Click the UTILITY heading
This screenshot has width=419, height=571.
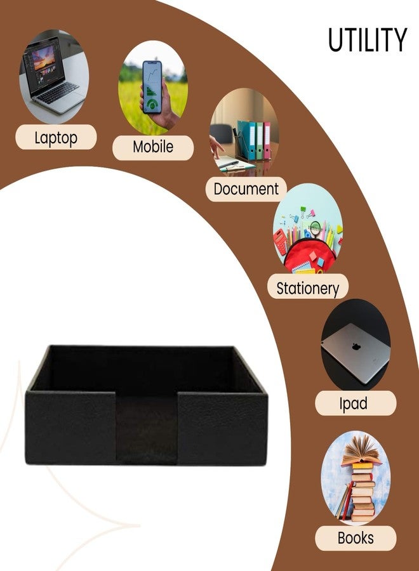(368, 39)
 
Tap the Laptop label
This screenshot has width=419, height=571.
(56, 138)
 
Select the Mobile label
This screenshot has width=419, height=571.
(153, 147)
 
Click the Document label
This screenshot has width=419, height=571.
(246, 188)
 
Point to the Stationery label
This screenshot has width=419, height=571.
(307, 288)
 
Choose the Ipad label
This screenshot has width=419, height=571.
(354, 404)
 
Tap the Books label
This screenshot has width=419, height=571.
(356, 538)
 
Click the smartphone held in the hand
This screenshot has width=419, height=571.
(152, 87)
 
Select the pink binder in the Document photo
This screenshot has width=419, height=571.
(267, 140)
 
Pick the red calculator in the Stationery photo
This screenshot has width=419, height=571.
(281, 242)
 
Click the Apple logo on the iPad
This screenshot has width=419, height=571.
(356, 346)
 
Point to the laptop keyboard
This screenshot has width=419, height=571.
(58, 93)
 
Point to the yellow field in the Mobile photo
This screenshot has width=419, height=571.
(131, 105)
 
